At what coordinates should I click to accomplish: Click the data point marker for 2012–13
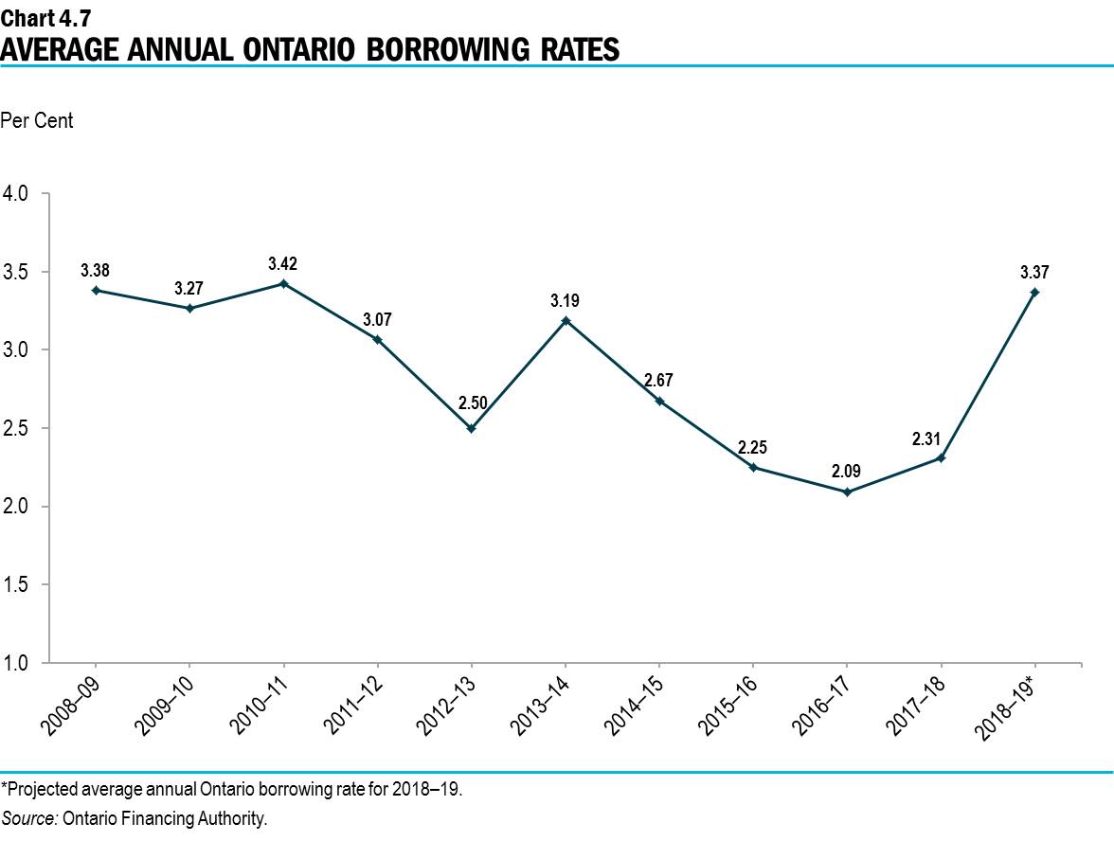coord(471,428)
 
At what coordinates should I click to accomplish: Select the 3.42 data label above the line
coord(283,263)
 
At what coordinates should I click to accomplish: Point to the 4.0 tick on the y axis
coord(19,193)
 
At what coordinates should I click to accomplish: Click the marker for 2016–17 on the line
coord(846,492)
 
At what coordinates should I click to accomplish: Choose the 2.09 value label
coord(846,471)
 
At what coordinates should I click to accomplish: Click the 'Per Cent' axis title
coord(37,121)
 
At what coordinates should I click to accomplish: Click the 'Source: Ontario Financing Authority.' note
coord(135,819)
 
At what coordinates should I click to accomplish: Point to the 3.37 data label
coord(1033,272)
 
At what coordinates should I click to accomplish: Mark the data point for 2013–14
coord(565,320)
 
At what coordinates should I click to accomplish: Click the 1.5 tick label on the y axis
coord(19,584)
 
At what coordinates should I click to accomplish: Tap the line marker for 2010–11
coord(283,283)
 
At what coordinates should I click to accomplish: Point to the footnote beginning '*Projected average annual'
coord(232,789)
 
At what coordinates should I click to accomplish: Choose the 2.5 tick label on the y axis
coord(19,428)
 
